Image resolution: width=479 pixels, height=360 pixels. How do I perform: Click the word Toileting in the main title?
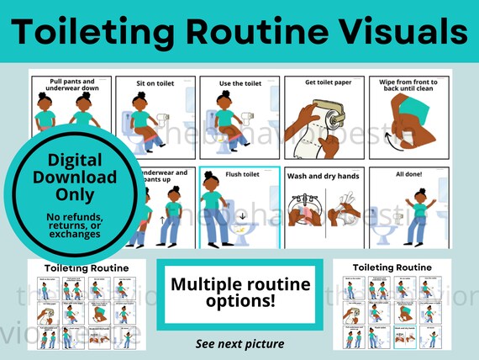(92, 31)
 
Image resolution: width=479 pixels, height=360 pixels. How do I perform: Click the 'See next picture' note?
(239, 344)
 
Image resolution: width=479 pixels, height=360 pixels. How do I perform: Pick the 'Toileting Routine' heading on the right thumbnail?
(392, 267)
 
